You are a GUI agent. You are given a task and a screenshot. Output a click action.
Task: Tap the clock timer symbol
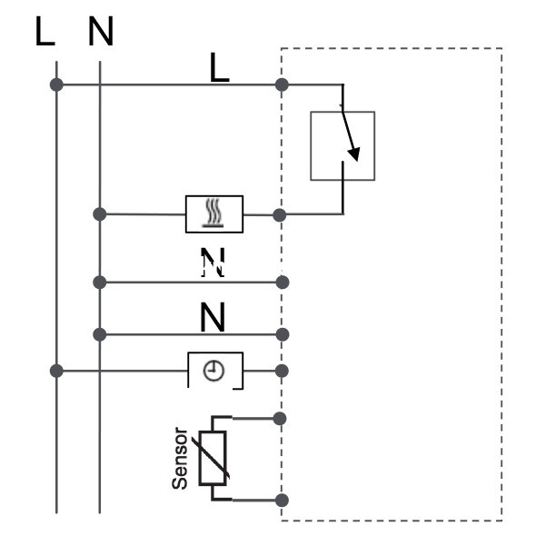214,371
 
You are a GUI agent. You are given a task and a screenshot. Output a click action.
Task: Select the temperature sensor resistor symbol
213,458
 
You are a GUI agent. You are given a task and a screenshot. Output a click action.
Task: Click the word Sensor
180,458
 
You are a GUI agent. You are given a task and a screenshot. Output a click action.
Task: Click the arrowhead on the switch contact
354,154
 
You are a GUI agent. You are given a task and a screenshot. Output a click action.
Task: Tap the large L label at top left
45,31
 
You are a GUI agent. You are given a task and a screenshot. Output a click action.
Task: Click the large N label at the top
101,31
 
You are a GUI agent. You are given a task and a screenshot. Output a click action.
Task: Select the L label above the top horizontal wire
219,67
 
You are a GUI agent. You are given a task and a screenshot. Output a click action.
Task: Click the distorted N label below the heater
213,262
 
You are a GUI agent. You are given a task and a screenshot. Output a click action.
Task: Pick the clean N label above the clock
213,317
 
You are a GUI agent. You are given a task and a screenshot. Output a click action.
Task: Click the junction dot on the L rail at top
56,84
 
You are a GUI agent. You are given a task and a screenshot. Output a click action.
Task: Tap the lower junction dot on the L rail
56,371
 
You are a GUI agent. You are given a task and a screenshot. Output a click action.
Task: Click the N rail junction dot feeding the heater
99,214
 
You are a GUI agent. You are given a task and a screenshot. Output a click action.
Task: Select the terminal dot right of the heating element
280,215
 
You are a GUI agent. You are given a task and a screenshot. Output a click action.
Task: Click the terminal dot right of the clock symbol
282,371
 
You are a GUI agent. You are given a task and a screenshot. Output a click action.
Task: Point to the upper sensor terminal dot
280,419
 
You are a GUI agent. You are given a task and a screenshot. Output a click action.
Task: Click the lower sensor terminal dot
282,500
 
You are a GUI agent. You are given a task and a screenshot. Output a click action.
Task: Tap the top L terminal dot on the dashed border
282,84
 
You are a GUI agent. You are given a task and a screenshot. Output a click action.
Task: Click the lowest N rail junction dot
99,334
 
